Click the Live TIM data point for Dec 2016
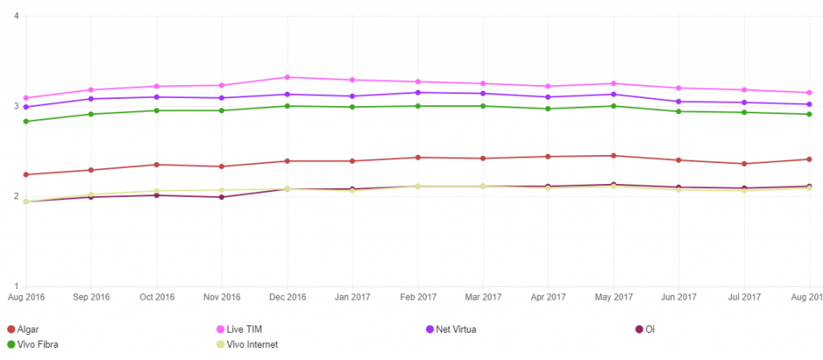(287, 77)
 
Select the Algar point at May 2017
(613, 156)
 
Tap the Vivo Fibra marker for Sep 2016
(91, 114)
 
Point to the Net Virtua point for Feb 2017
(417, 92)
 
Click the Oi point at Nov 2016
(222, 197)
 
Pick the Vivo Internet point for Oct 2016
(157, 191)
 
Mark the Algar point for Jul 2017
(744, 164)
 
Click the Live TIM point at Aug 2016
(26, 98)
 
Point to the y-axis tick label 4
(16, 16)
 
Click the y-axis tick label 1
(16, 286)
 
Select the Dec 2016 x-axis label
(287, 297)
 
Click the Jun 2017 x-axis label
(679, 297)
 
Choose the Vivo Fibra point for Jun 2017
(679, 112)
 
